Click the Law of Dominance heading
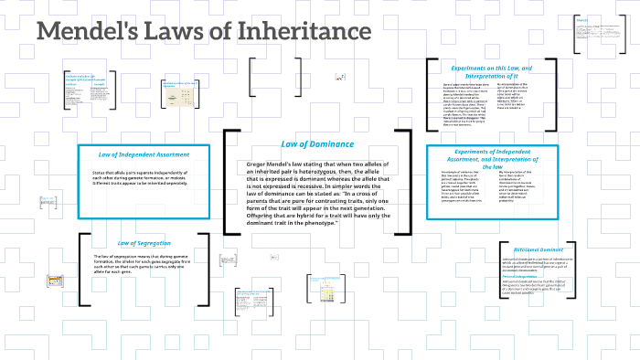[316, 143]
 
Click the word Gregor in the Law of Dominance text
[260, 164]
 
